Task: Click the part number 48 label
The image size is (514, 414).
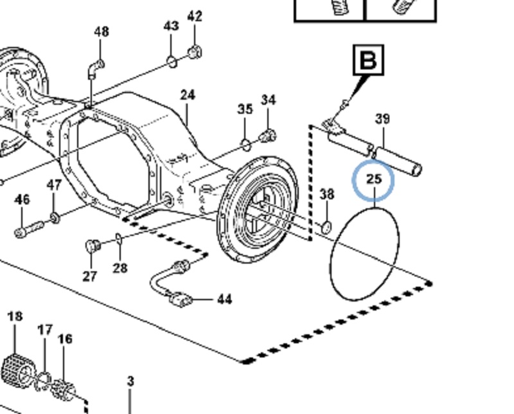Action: [x=102, y=32]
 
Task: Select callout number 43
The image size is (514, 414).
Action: [x=171, y=26]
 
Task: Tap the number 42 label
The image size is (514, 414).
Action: [x=194, y=16]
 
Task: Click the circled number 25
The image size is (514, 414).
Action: [x=373, y=178]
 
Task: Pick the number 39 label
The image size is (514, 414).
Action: [x=383, y=119]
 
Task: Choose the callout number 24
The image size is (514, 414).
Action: [x=187, y=95]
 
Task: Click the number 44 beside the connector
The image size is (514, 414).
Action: [x=224, y=299]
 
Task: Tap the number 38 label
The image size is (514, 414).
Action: [x=327, y=194]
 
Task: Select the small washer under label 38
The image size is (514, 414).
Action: [x=326, y=226]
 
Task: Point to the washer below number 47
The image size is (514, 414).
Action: [x=55, y=215]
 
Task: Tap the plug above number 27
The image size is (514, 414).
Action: [x=92, y=246]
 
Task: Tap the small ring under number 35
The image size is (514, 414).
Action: [x=245, y=141]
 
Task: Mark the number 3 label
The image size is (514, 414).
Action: [x=130, y=381]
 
